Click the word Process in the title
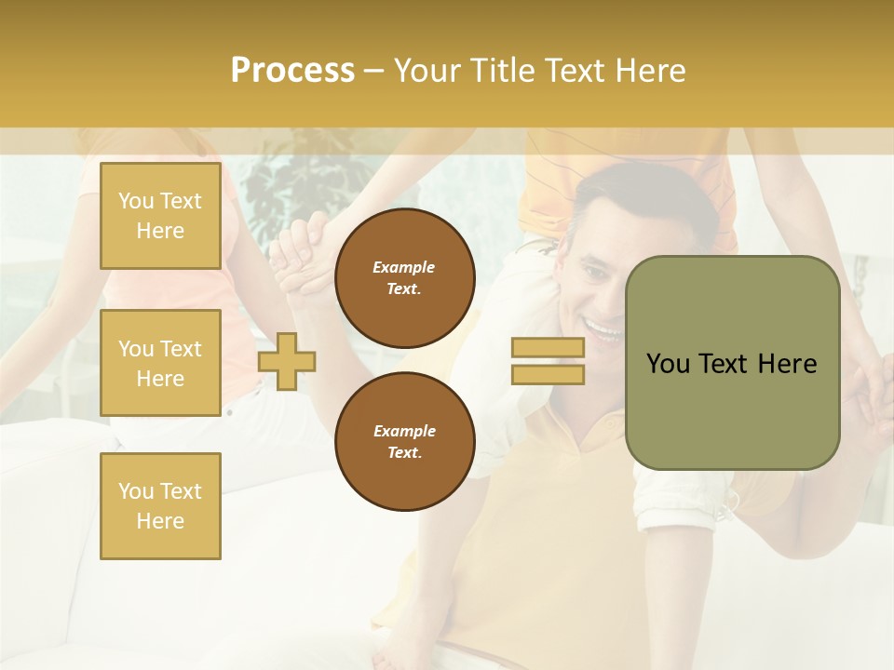[x=292, y=71]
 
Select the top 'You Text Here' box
[x=160, y=216]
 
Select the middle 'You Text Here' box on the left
[x=160, y=363]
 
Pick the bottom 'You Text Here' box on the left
[x=160, y=506]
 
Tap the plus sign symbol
[x=287, y=361]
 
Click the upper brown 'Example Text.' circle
[x=405, y=278]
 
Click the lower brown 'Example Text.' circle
[x=405, y=442]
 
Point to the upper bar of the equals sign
[x=548, y=348]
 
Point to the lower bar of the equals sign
[x=548, y=374]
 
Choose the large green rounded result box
[x=732, y=363]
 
